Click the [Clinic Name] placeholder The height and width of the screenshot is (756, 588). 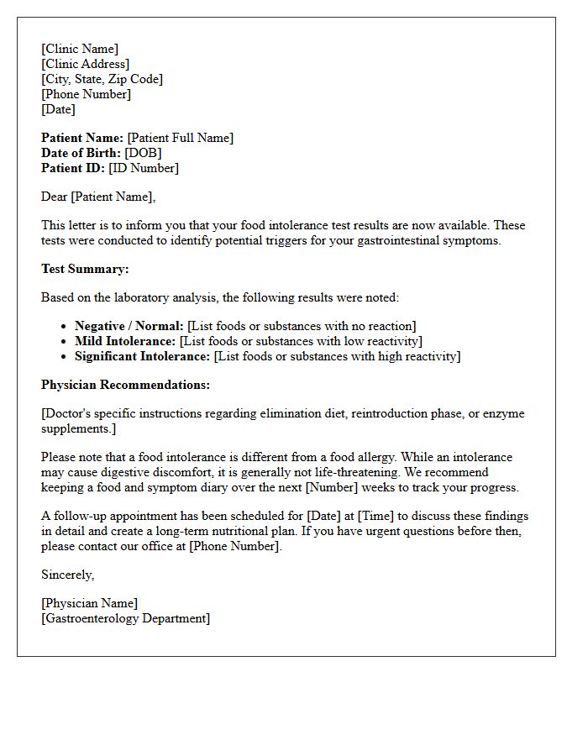pos(80,49)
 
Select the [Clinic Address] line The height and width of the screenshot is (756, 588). pos(85,64)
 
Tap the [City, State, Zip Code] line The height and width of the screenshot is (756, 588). pos(102,79)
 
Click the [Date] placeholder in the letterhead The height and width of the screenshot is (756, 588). pos(58,109)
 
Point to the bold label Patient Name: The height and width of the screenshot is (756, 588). pos(82,138)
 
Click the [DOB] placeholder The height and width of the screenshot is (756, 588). pos(143,153)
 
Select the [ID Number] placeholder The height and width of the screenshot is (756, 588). pos(144,168)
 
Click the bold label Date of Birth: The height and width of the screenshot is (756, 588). pos(81,153)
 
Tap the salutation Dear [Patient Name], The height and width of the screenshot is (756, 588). pos(98,197)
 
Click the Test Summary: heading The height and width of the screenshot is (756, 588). pos(85,269)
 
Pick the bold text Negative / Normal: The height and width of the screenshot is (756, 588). pos(129,326)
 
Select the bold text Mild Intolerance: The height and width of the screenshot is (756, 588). pos(125,341)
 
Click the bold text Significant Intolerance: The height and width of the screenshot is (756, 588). pos(142,356)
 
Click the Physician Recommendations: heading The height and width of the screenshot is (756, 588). pos(125,385)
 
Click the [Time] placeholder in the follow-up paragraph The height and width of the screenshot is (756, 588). pos(379,516)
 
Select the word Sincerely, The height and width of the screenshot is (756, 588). pos(67,575)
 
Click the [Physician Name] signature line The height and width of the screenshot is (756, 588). pos(89,603)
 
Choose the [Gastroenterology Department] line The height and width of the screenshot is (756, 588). pos(125,618)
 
